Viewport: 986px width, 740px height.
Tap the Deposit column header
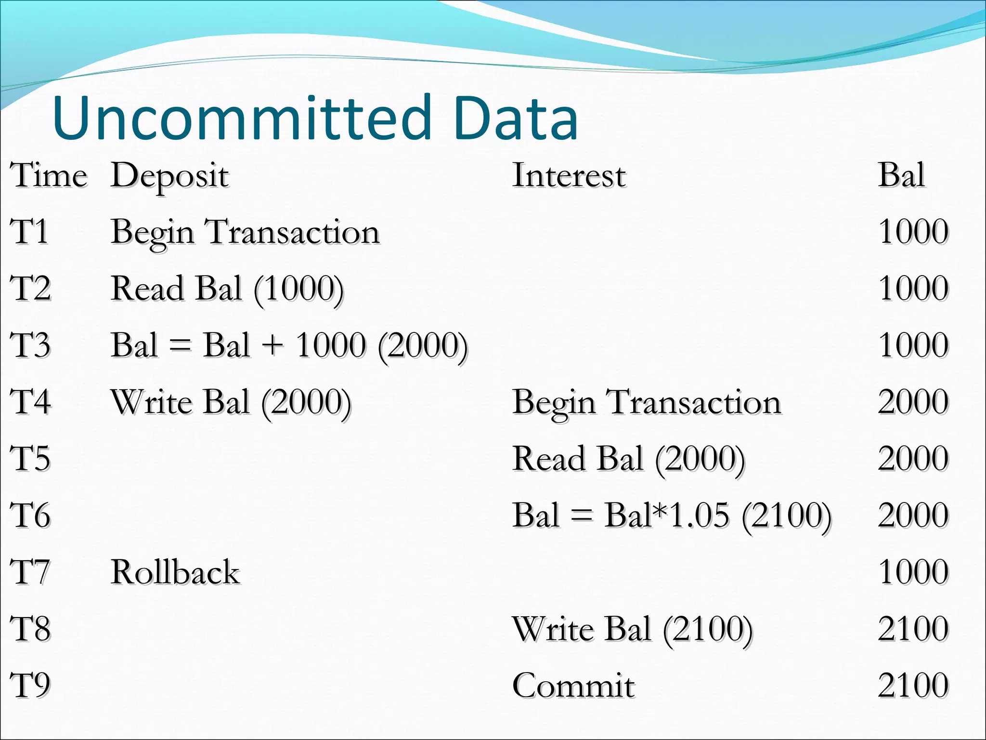point(169,176)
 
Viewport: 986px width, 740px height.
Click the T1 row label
point(30,232)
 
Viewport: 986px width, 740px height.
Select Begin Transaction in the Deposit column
point(245,233)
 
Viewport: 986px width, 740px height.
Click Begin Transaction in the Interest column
point(647,403)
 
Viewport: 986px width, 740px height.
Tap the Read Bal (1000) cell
point(227,289)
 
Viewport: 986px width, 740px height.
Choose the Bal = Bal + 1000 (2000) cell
point(289,346)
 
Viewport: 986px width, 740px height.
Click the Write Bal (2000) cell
point(231,403)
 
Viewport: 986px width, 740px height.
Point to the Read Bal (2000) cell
point(629,459)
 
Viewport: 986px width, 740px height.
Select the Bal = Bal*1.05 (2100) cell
point(672,516)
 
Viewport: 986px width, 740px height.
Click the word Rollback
point(175,572)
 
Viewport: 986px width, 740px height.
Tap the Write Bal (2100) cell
point(632,629)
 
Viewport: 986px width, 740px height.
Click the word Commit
point(573,686)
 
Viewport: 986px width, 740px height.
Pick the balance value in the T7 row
point(913,572)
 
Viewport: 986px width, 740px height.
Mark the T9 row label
point(30,686)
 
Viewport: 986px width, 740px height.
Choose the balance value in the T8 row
point(913,629)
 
